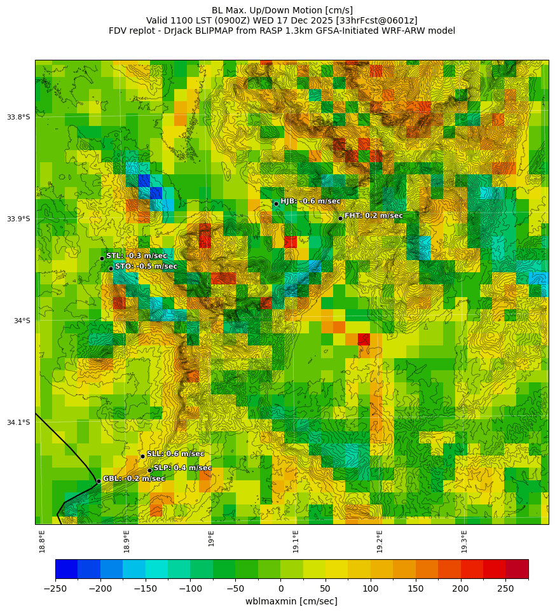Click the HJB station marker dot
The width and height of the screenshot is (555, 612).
click(x=276, y=204)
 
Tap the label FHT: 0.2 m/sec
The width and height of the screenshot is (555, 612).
click(x=373, y=216)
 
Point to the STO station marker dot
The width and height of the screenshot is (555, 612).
click(x=111, y=268)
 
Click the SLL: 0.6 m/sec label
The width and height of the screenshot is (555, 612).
click(x=175, y=454)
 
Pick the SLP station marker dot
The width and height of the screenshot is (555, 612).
click(x=150, y=470)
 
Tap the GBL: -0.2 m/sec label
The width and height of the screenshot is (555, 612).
click(x=134, y=478)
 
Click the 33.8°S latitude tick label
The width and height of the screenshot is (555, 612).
click(x=18, y=117)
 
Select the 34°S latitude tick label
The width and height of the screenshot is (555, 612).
click(x=22, y=321)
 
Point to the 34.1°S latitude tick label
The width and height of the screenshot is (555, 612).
click(x=18, y=422)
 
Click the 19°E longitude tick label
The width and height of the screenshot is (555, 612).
click(x=211, y=538)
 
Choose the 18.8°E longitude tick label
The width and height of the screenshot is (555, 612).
click(x=42, y=541)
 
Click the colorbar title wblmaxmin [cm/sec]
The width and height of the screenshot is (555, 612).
click(x=291, y=601)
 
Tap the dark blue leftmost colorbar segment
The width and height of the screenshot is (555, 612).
click(x=66, y=569)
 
